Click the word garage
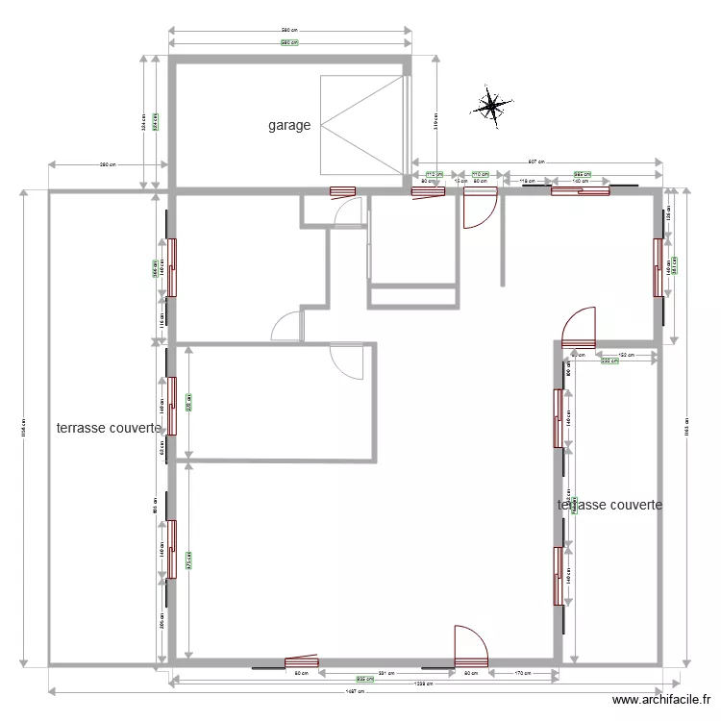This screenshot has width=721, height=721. [289, 125]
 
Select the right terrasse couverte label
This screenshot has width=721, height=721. [609, 505]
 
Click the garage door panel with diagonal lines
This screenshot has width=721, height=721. [362, 125]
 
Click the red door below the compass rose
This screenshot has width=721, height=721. [479, 207]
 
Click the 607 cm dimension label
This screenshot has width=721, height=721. [536, 162]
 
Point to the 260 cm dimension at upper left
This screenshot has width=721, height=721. [108, 164]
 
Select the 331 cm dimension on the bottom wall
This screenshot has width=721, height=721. [382, 673]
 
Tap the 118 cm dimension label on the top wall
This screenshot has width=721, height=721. [527, 181]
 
